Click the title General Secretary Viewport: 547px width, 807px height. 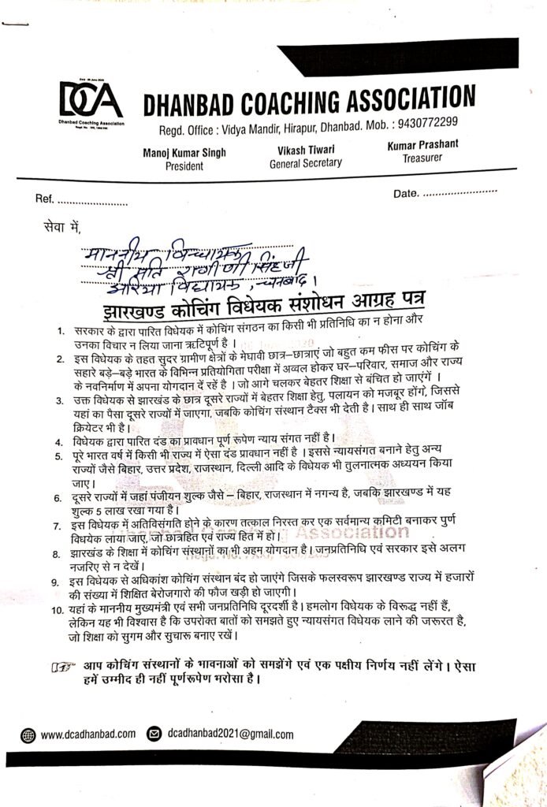pos(305,163)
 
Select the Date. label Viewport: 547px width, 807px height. pos(404,192)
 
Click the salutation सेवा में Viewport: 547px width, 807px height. pos(63,229)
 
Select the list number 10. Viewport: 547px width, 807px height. pos(57,610)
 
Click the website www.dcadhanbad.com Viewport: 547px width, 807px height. pos(87,734)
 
